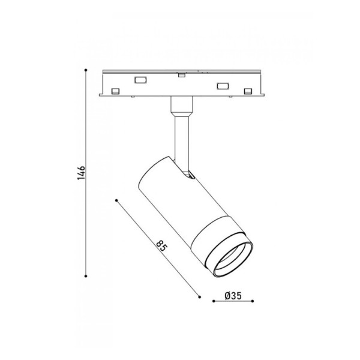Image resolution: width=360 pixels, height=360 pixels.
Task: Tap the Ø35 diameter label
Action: (x=233, y=295)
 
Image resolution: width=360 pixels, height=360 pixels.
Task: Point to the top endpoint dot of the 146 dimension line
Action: (x=86, y=71)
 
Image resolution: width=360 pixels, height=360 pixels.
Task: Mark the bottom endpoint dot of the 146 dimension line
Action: (x=86, y=275)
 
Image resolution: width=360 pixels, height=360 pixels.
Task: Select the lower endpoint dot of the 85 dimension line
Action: (x=199, y=295)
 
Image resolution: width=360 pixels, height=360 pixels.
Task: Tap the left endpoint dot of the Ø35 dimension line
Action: (x=214, y=302)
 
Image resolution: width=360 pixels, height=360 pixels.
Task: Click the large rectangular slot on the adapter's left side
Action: (x=142, y=80)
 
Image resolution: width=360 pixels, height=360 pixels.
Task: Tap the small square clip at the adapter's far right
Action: (x=248, y=91)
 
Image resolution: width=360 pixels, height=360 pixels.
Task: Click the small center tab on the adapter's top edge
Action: (x=181, y=75)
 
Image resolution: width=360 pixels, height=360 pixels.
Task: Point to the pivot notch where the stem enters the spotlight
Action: (x=188, y=175)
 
